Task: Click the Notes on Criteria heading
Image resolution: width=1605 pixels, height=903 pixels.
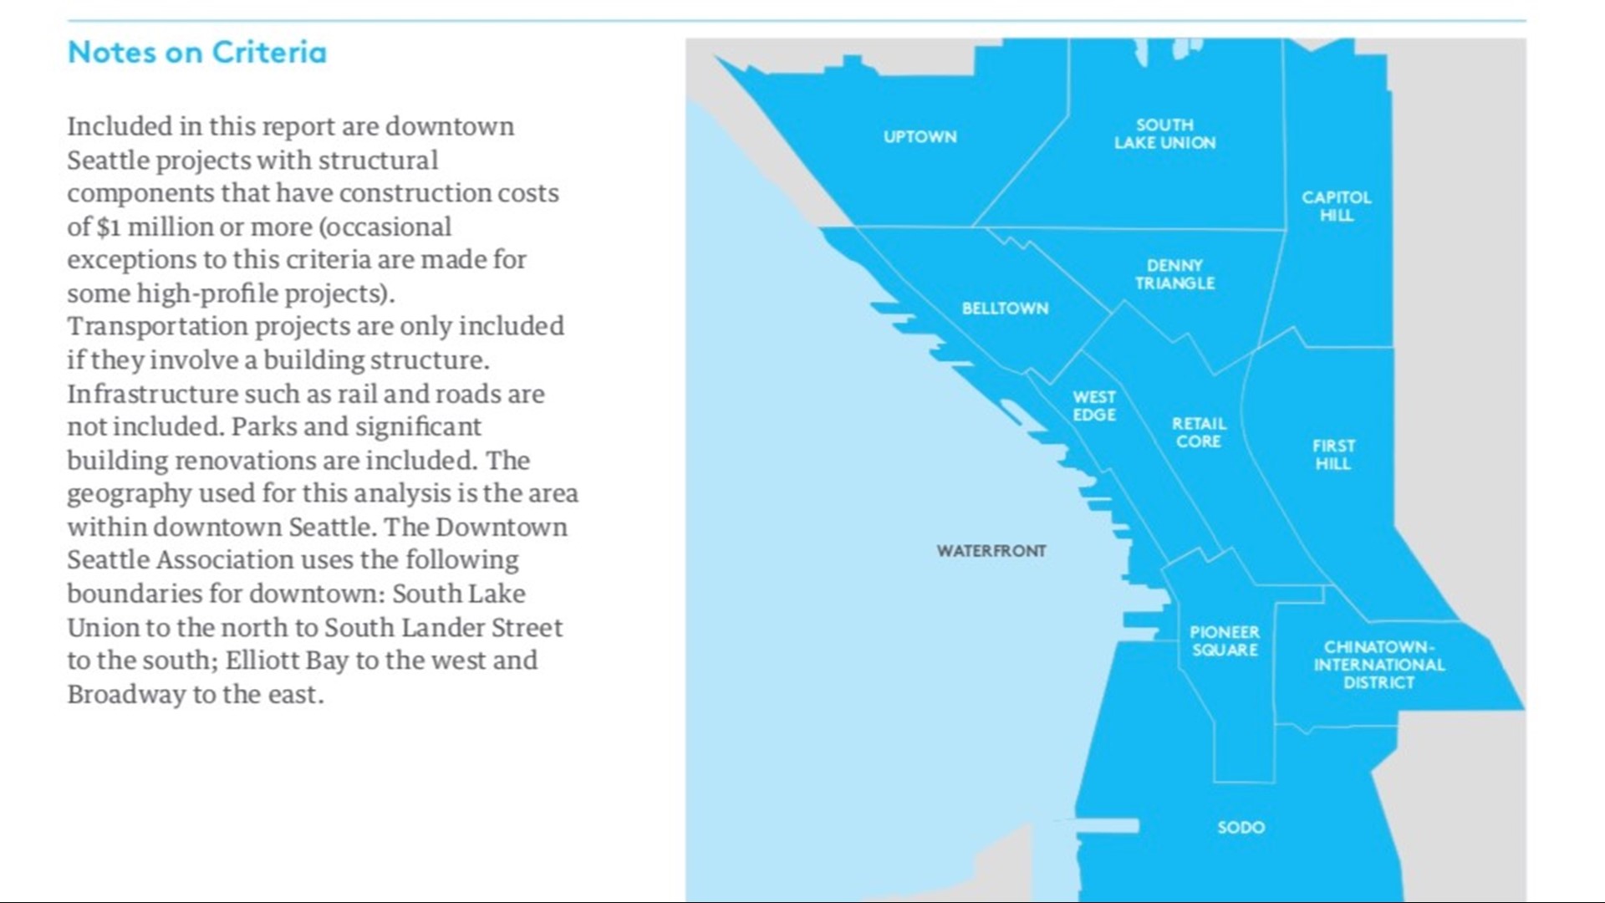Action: coord(197,53)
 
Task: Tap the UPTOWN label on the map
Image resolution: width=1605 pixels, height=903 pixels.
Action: coord(920,137)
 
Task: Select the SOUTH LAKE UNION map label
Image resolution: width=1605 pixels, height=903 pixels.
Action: coord(1164,134)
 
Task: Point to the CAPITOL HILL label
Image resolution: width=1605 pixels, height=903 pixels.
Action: coord(1336,206)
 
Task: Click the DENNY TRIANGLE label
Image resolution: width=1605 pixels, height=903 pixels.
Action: coord(1174,274)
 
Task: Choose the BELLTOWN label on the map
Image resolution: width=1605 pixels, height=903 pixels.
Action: coord(1005,309)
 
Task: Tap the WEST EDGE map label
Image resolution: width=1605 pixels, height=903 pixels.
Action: coord(1094,406)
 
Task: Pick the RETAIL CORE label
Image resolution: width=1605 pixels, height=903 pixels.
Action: coord(1199,432)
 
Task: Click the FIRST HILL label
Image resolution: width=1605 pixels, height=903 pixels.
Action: coord(1333,455)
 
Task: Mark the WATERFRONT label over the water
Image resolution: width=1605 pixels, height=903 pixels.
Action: coord(991,551)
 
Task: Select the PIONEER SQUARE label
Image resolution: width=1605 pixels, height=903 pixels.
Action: coord(1225,640)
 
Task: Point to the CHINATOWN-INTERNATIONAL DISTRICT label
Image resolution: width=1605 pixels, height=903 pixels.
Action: coord(1378,665)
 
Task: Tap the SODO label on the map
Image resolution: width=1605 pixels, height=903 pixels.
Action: coord(1241,828)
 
